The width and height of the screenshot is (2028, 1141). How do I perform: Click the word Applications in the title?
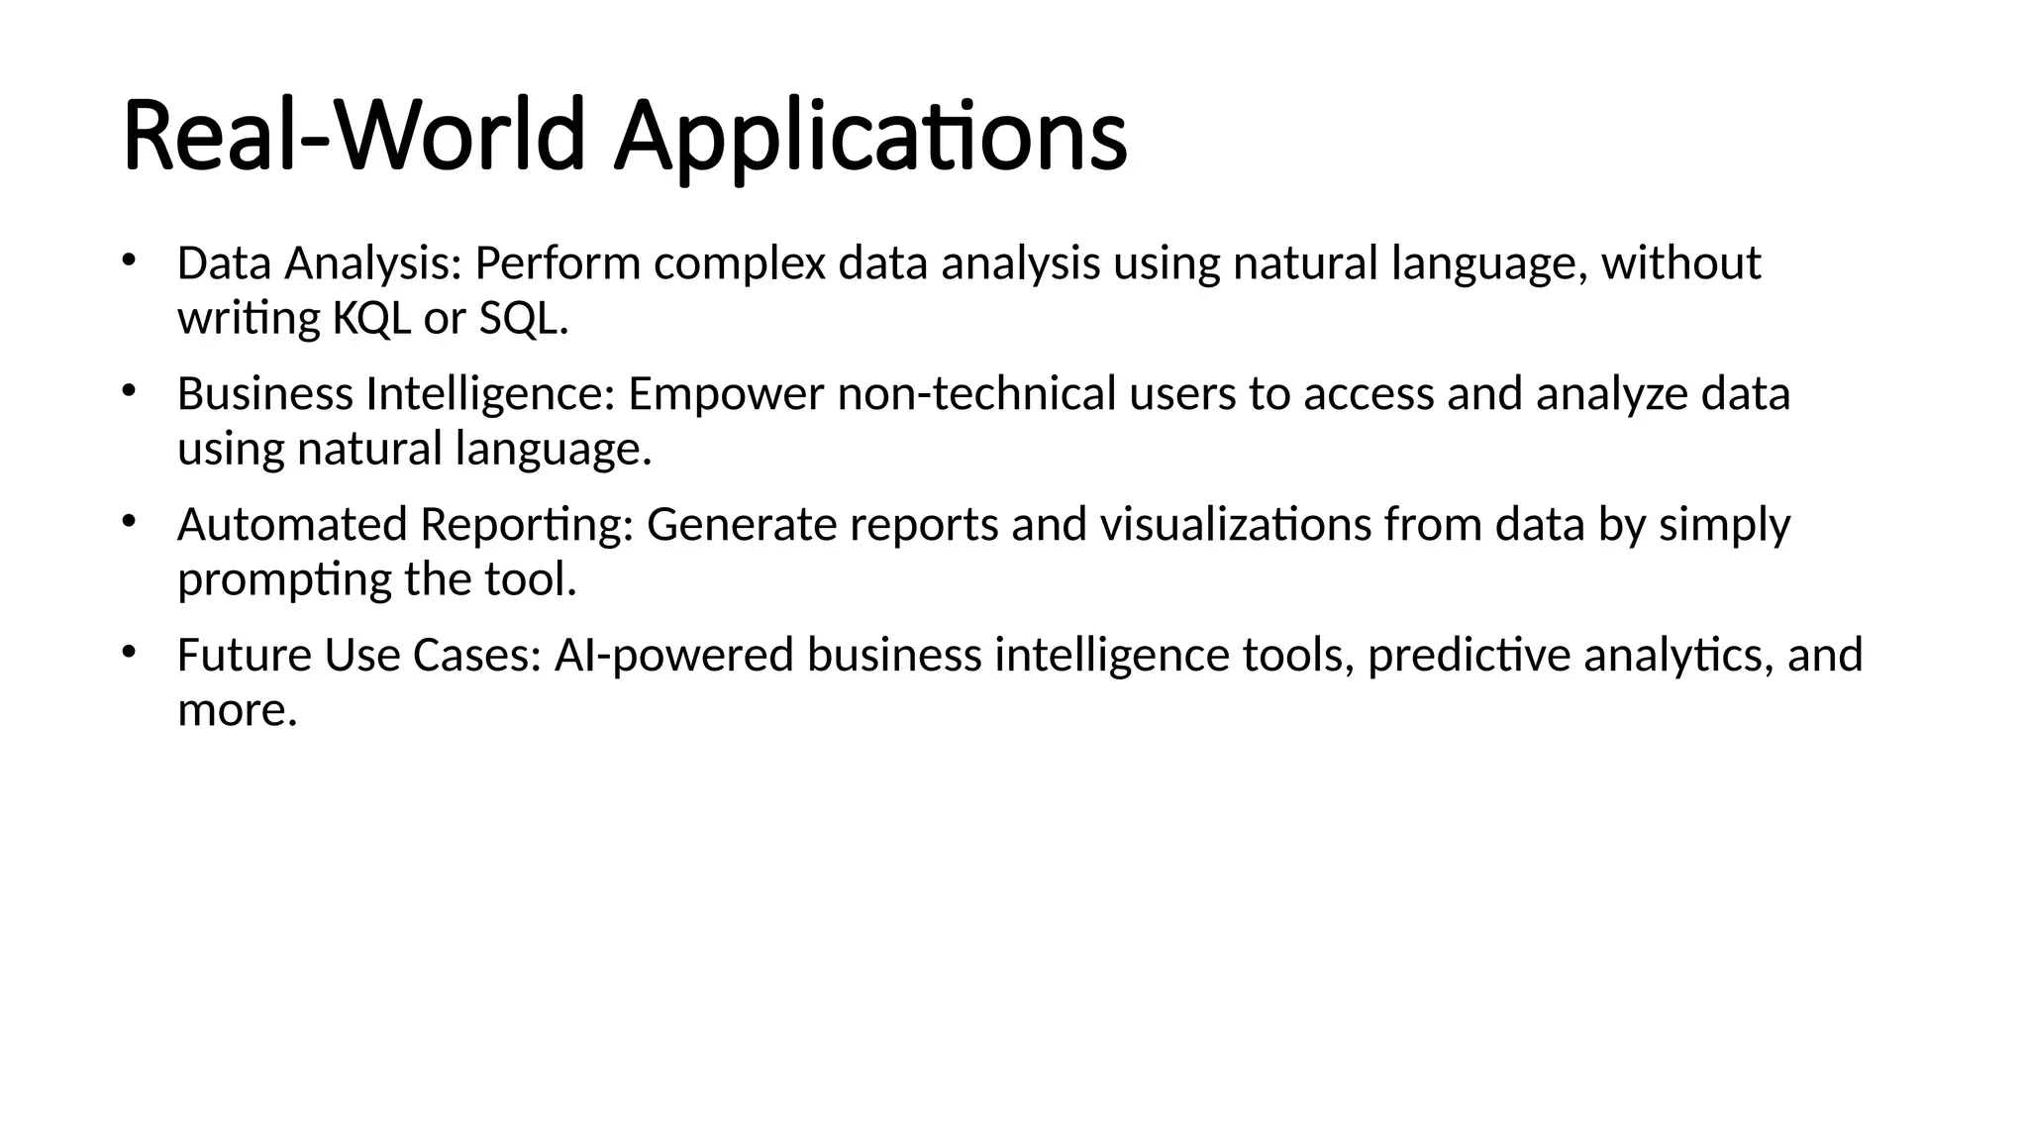click(x=869, y=137)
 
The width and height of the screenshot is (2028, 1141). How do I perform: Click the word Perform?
click(x=558, y=264)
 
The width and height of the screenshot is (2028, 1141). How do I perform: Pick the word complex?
click(x=739, y=264)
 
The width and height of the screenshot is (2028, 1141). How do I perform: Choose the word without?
click(x=1680, y=264)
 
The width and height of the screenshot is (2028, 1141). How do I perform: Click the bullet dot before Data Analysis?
click(x=128, y=260)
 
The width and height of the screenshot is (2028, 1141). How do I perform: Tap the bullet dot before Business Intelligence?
click(x=128, y=390)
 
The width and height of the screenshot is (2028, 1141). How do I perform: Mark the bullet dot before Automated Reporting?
click(x=128, y=521)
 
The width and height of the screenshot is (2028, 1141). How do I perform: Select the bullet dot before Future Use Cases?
click(x=128, y=652)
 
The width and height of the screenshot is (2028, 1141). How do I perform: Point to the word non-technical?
click(x=977, y=394)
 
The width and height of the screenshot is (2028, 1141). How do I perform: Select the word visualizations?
click(x=1236, y=525)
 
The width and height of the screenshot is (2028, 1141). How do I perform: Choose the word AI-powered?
click(x=673, y=656)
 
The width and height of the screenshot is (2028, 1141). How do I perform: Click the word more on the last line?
click(x=236, y=711)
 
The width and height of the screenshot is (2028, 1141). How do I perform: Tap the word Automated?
click(x=292, y=525)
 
